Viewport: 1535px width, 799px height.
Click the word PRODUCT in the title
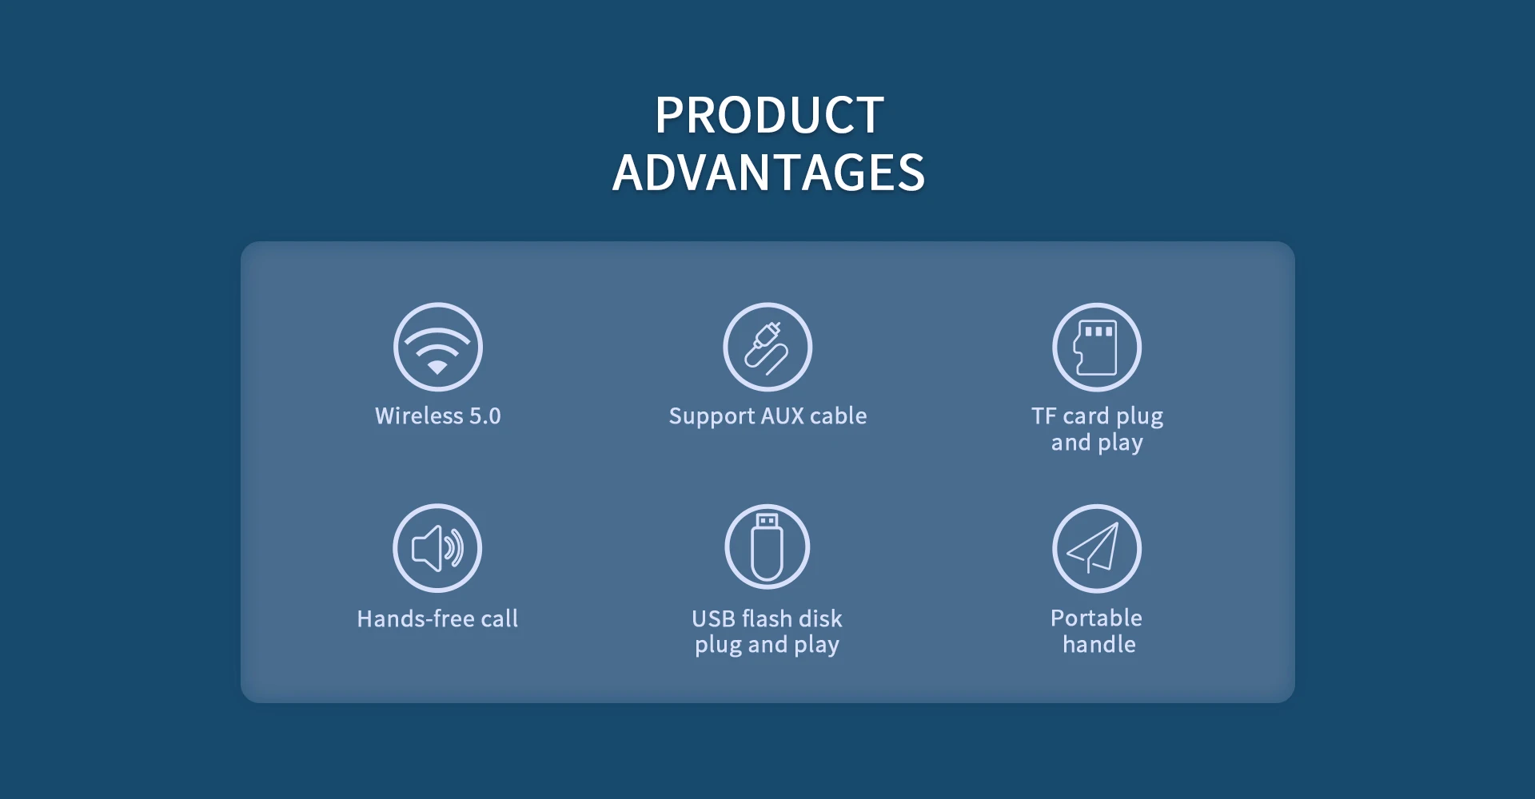tap(769, 115)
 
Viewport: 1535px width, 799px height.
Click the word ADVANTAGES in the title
tap(768, 173)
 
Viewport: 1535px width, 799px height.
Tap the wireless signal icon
tap(437, 347)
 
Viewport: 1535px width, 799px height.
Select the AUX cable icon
tap(767, 347)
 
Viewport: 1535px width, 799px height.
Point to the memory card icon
tap(1097, 347)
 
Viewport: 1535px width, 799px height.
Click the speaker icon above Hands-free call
tap(437, 548)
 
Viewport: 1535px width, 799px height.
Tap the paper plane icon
tap(1097, 548)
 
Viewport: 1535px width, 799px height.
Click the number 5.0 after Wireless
tap(484, 416)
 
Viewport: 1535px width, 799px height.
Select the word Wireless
tap(419, 416)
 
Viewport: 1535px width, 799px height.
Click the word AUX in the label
tap(782, 416)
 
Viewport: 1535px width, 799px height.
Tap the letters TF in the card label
tap(1044, 416)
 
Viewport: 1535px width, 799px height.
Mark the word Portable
tap(1096, 618)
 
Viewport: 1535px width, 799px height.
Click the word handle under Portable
tap(1098, 644)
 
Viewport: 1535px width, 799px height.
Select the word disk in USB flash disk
tap(820, 618)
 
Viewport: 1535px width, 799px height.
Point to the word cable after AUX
tap(838, 416)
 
